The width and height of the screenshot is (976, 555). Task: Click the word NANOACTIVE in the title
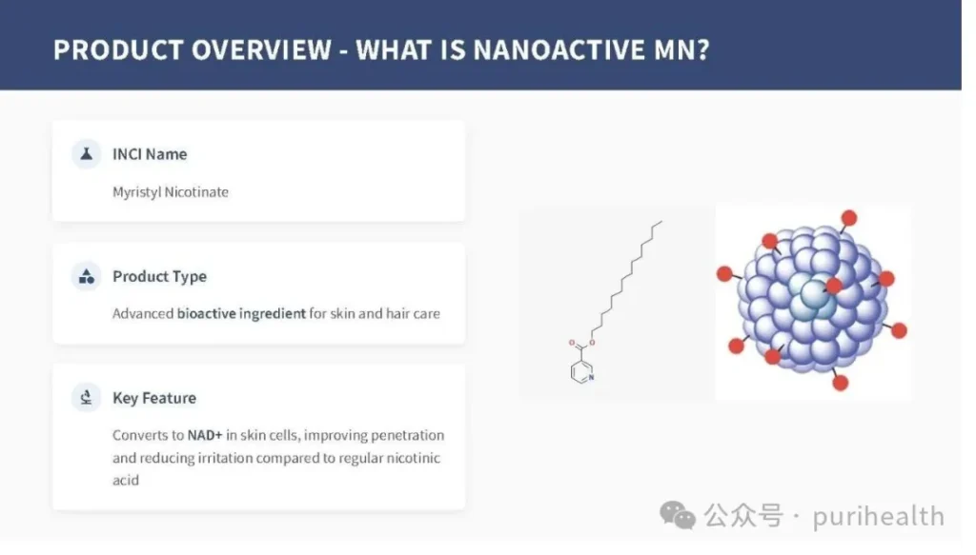559,50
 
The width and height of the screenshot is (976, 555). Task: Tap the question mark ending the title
703,50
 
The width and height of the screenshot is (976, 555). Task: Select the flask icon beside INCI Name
87,153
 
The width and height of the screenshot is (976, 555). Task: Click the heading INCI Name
150,154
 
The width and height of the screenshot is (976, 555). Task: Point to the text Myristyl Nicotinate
171,192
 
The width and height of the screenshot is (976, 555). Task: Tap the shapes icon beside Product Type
87,276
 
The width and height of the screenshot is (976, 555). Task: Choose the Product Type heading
159,276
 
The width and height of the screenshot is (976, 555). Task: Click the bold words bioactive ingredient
241,313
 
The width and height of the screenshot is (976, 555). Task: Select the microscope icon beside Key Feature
87,397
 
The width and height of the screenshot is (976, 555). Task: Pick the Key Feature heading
154,398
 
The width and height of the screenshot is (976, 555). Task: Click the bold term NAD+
205,435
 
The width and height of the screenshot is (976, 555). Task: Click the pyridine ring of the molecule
582,371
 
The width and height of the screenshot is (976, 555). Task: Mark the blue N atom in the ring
591,377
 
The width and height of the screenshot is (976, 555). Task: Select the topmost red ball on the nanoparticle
849,218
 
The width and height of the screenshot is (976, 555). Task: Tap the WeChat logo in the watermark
678,515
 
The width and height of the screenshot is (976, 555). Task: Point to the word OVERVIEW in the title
261,50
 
